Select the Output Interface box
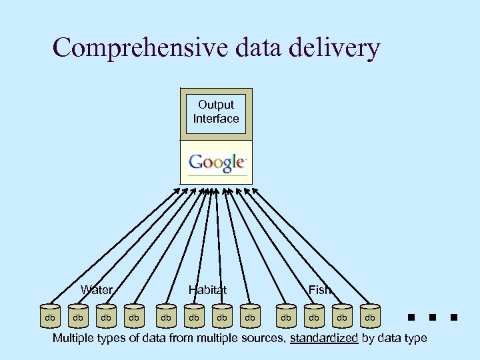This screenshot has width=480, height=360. [x=216, y=112]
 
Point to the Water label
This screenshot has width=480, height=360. [x=97, y=289]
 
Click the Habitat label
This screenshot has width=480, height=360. [x=207, y=289]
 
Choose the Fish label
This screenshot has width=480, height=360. [x=319, y=289]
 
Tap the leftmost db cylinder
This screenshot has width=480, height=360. [x=50, y=318]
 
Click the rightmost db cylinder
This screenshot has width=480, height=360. [x=369, y=318]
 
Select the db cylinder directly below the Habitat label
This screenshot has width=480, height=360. [x=194, y=318]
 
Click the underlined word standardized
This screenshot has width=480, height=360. [x=324, y=339]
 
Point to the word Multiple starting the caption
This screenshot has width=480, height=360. [x=75, y=339]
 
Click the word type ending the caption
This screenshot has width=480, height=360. [x=414, y=339]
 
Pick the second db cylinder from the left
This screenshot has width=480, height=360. [x=78, y=318]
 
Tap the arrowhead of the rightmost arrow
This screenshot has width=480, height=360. [x=254, y=191]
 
